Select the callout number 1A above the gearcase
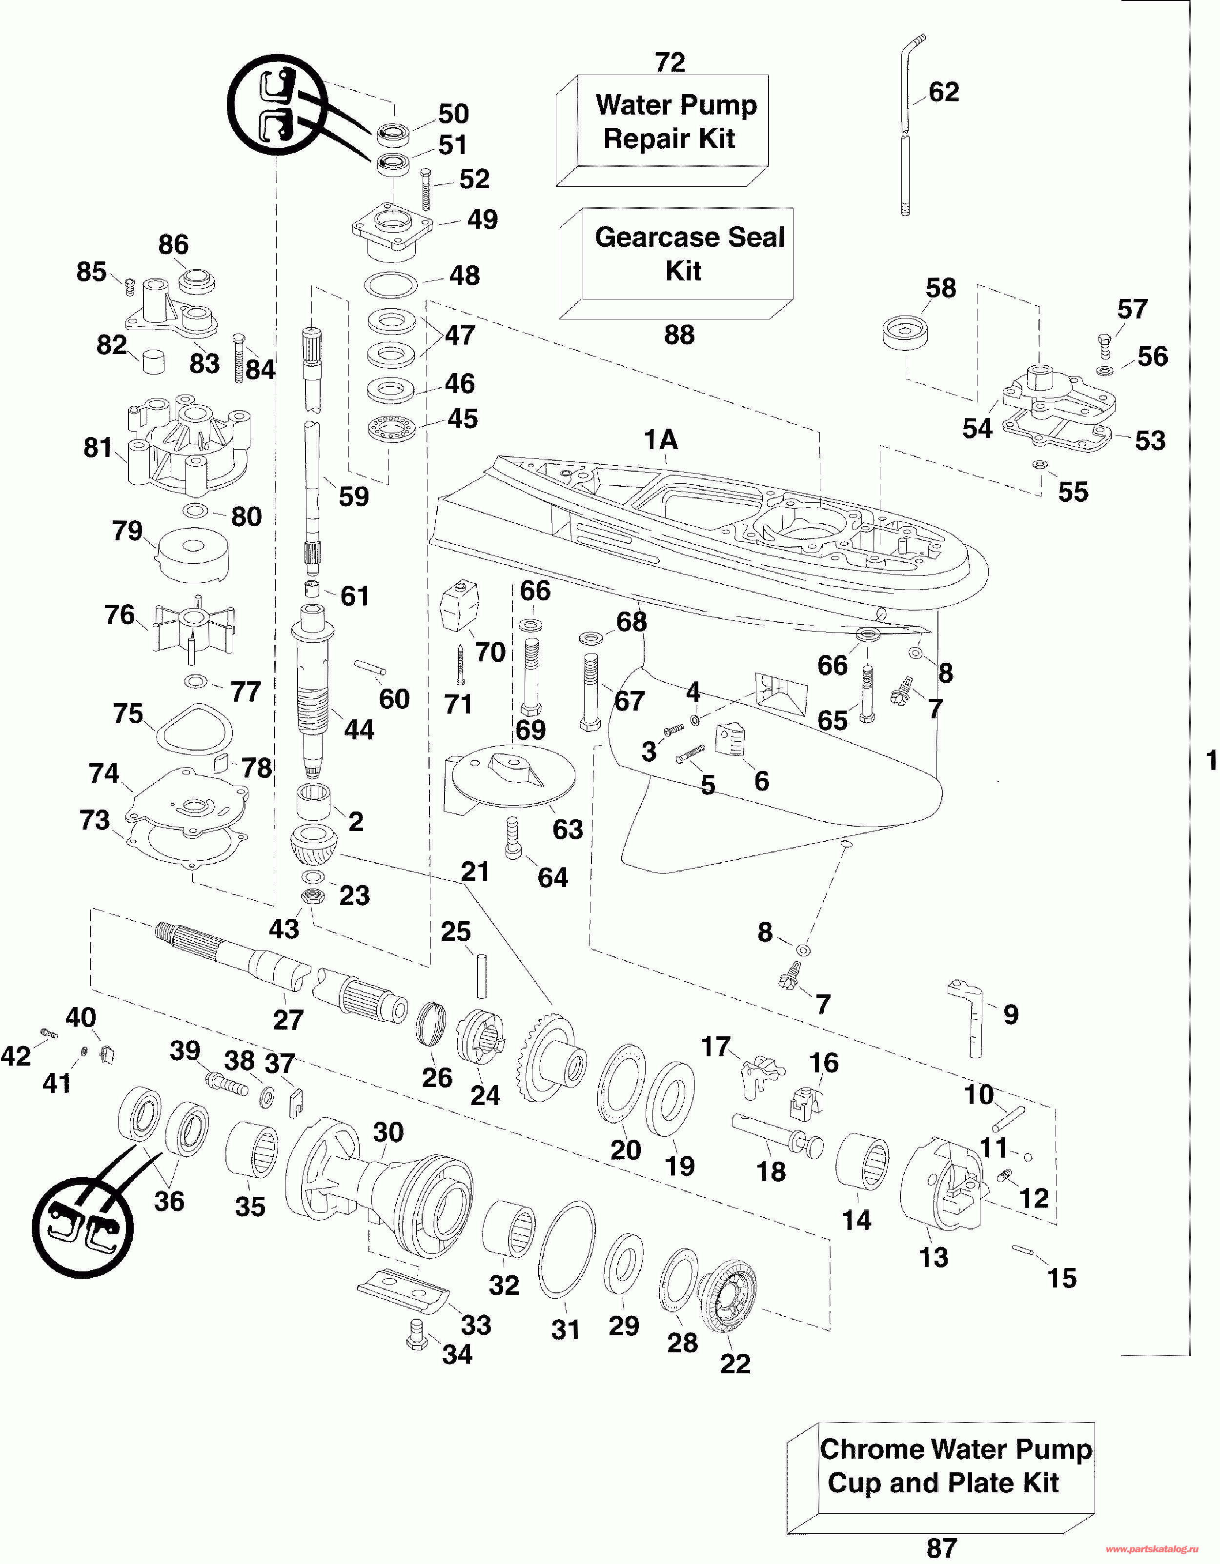[x=660, y=440]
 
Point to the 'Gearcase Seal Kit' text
[x=689, y=254]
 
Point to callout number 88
[x=679, y=335]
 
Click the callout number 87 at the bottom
[x=941, y=1548]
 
